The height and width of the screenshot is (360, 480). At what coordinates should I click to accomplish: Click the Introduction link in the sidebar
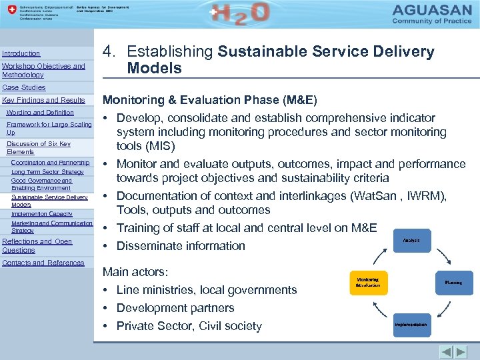point(21,53)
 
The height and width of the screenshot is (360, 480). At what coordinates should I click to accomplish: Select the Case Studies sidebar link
point(24,87)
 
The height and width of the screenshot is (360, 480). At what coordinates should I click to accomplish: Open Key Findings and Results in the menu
point(44,100)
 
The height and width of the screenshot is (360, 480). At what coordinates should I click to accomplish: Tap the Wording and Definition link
point(40,113)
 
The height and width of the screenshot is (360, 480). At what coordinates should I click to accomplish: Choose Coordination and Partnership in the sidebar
point(50,163)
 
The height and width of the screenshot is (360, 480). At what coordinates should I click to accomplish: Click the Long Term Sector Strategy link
point(47,172)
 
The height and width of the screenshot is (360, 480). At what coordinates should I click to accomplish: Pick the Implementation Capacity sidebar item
point(42,214)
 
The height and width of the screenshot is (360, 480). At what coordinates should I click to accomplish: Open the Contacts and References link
point(43,263)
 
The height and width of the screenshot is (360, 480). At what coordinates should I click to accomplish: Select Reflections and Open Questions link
point(37,245)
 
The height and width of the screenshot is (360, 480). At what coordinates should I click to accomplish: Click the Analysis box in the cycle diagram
point(411,241)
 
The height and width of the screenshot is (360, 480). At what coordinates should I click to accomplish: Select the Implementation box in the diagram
point(411,325)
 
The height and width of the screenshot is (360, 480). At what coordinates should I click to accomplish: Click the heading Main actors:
point(135,272)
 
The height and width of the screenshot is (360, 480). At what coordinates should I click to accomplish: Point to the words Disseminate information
point(181,246)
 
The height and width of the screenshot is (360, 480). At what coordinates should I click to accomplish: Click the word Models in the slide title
point(154,68)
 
